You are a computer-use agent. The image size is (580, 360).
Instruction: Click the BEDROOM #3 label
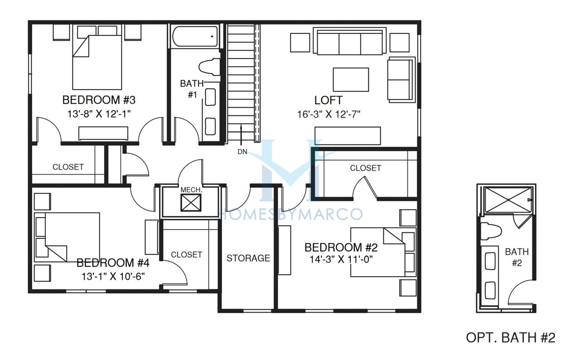99,100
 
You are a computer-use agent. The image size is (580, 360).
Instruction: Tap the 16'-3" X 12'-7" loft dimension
329,114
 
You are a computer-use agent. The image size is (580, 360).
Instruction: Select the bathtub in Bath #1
195,37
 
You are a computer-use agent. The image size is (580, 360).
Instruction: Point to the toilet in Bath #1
209,67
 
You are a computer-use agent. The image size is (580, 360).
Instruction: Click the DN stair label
242,152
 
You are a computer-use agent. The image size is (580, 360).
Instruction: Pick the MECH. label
191,190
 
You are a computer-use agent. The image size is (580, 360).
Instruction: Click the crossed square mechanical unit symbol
191,203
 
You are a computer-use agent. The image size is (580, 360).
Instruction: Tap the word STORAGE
248,258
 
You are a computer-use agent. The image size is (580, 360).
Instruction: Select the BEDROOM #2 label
341,247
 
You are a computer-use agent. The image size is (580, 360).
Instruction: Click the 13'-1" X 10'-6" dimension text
113,277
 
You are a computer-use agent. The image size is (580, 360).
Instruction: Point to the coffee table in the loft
351,80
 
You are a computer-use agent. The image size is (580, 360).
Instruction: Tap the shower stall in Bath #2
508,200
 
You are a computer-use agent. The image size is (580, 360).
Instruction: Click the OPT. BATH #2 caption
511,337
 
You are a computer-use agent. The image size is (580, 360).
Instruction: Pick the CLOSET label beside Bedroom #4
186,254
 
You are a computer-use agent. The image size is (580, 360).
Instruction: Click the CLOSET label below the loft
366,168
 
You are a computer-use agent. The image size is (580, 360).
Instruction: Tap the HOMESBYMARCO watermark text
290,214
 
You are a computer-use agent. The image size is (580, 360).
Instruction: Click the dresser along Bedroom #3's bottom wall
103,134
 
